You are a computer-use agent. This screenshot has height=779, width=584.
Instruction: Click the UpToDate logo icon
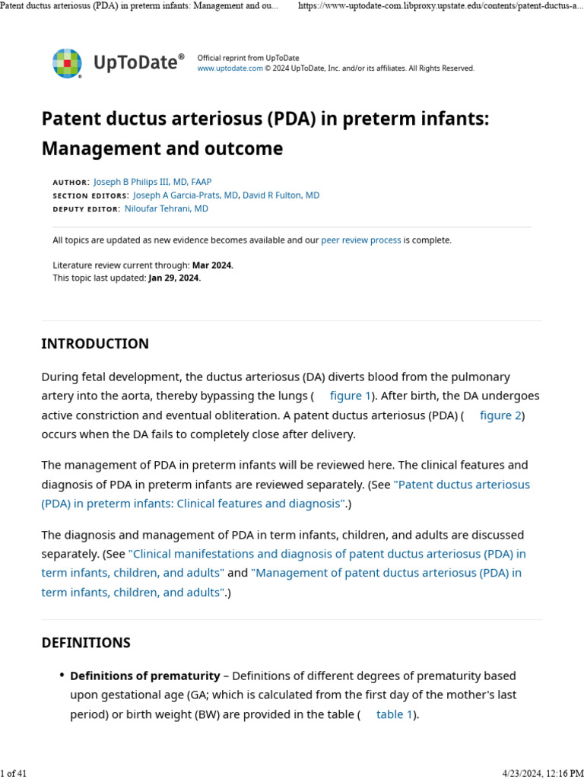67,63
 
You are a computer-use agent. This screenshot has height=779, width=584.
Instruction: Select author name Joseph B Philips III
152,182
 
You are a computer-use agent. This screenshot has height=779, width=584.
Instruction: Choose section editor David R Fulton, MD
281,196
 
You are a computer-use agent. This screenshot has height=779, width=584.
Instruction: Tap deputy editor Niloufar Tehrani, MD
166,208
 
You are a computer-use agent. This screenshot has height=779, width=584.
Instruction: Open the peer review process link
360,240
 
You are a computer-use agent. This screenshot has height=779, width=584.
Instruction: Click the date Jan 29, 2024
174,278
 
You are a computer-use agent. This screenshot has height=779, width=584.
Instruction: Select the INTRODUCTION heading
95,344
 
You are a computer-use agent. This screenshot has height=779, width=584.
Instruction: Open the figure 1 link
350,396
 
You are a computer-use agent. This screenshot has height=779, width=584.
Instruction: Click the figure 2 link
500,415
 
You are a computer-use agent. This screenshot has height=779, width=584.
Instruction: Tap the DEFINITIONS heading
86,643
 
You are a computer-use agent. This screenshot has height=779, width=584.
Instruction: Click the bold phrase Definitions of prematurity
144,676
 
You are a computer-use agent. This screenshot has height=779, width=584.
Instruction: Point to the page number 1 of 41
14,774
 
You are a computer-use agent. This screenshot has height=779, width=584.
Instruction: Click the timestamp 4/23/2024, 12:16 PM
543,774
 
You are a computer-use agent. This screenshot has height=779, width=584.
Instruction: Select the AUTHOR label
71,183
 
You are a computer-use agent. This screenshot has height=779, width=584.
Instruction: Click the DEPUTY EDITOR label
86,209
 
